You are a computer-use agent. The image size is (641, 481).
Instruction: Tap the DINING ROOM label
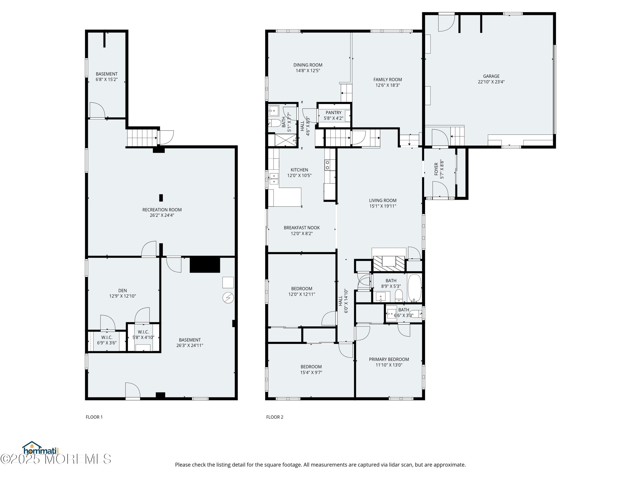point(308,65)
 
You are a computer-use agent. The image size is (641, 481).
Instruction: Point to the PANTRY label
point(333,112)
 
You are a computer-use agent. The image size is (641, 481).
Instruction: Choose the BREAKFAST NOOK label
point(302,228)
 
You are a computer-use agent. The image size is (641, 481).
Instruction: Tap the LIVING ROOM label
point(382,200)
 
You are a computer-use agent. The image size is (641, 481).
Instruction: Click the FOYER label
point(436,169)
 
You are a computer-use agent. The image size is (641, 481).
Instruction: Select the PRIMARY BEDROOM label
point(389,359)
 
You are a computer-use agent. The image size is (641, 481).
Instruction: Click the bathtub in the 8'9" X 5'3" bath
point(414,288)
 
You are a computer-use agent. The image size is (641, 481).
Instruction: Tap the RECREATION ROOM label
point(162,210)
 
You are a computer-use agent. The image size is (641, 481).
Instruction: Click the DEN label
point(123,291)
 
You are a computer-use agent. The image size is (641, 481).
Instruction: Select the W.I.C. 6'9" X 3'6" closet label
point(107,340)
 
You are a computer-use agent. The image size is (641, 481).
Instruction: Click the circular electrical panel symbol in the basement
point(228,298)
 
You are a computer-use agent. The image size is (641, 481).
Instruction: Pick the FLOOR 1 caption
point(94,417)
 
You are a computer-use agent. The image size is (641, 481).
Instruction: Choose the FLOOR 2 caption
point(275,417)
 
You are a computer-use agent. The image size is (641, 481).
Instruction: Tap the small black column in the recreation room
point(161,198)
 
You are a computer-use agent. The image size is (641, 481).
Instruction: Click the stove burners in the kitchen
point(328,165)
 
